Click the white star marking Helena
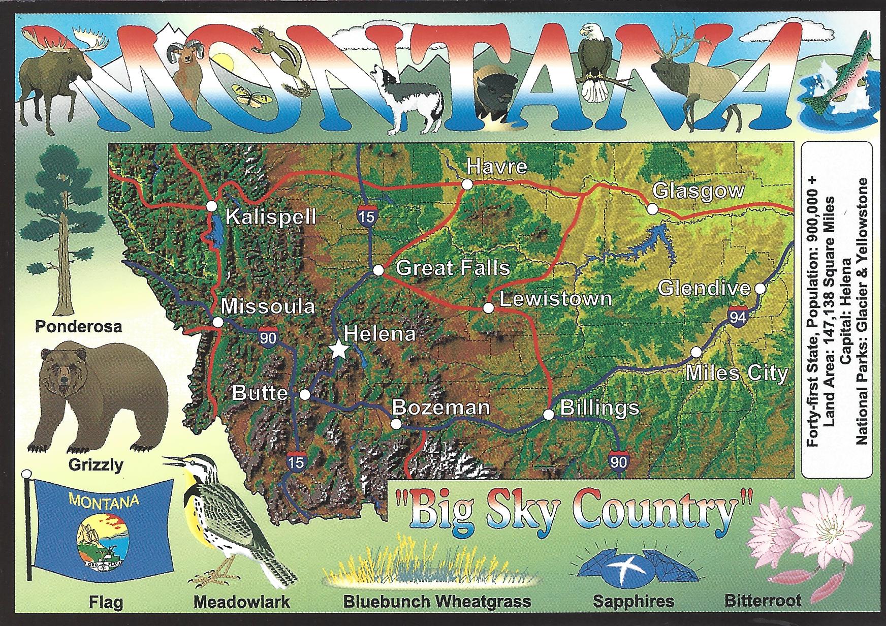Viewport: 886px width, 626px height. (338, 350)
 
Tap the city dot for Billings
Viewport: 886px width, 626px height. (549, 414)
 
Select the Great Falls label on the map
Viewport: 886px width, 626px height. (453, 268)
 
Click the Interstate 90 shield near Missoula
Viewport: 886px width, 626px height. (267, 337)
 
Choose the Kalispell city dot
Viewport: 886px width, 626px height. (212, 206)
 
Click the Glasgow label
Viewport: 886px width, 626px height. (698, 191)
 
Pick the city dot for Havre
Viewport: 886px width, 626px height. (467, 184)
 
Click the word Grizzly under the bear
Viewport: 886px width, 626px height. (96, 464)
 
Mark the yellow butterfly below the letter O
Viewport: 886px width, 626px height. (249, 96)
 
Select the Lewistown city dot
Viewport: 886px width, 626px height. (488, 307)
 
